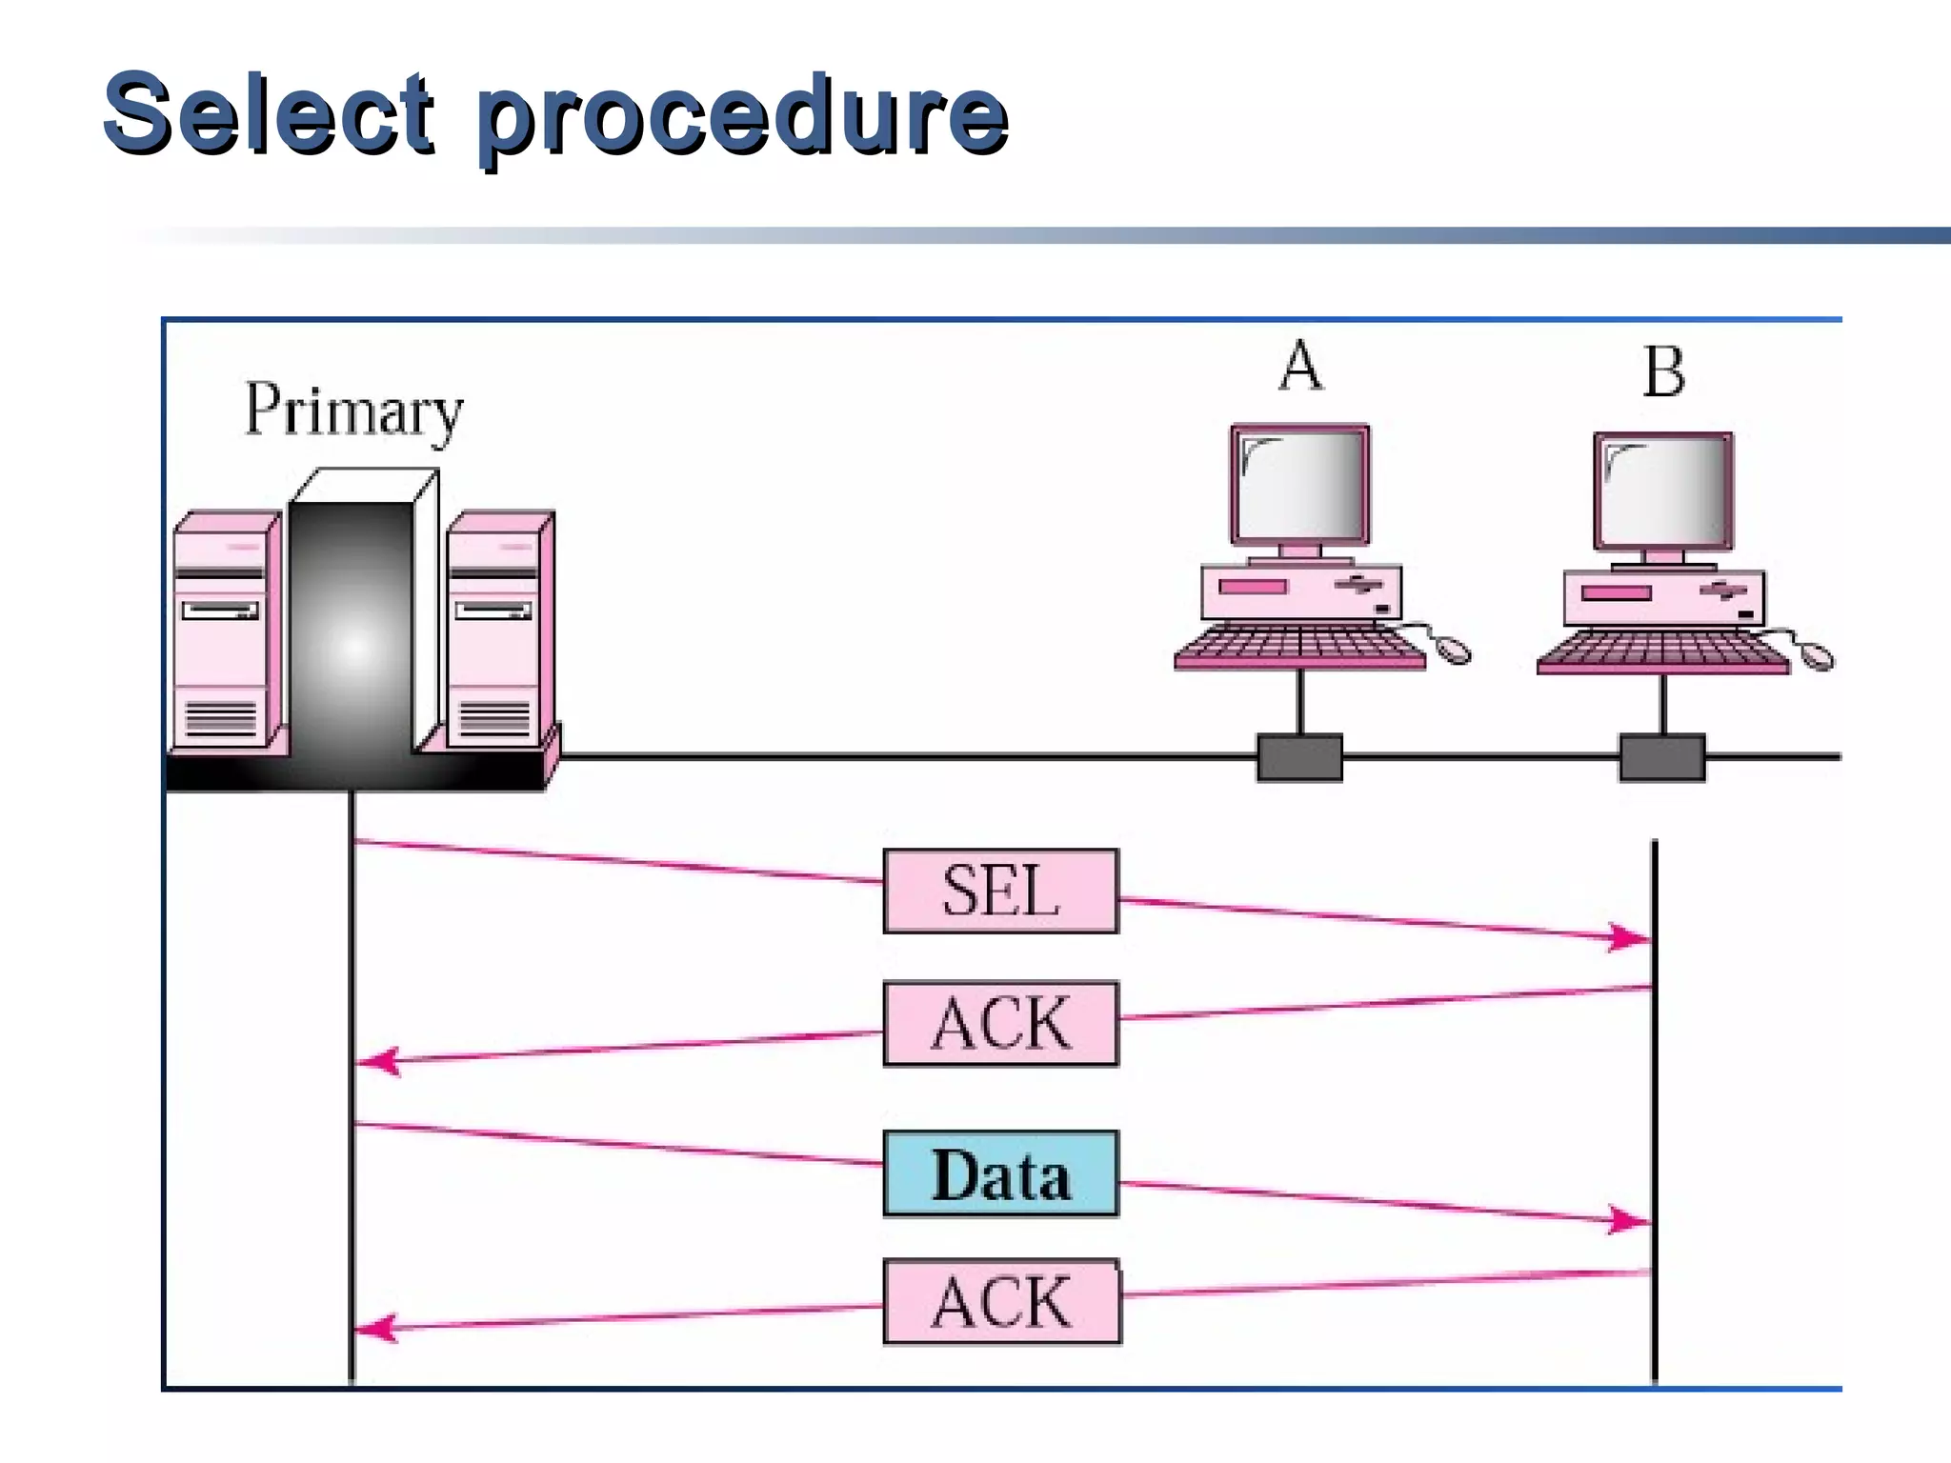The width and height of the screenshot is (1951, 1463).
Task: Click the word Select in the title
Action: pyautogui.click(x=269, y=114)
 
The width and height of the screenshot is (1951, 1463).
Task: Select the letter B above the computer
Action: pyautogui.click(x=1664, y=371)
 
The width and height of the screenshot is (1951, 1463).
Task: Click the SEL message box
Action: pyautogui.click(x=1000, y=891)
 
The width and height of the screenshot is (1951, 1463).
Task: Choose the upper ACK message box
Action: pyautogui.click(x=1000, y=1024)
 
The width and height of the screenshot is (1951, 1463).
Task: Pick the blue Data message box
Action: pyautogui.click(x=1000, y=1174)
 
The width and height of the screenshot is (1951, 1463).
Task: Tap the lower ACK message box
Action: pyautogui.click(x=1002, y=1302)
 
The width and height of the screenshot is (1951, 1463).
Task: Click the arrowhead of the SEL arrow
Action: pyautogui.click(x=1631, y=937)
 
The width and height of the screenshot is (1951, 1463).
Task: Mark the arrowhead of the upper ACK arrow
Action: pyautogui.click(x=377, y=1061)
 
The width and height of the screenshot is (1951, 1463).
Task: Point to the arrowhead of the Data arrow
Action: pyautogui.click(x=1631, y=1220)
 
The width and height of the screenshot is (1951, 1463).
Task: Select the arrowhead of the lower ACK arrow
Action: pyautogui.click(x=375, y=1328)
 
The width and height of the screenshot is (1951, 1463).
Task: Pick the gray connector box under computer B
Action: pyautogui.click(x=1662, y=757)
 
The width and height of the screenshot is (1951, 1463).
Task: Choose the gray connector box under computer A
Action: pyautogui.click(x=1299, y=757)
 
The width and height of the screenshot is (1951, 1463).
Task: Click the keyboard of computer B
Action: pyautogui.click(x=1662, y=651)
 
